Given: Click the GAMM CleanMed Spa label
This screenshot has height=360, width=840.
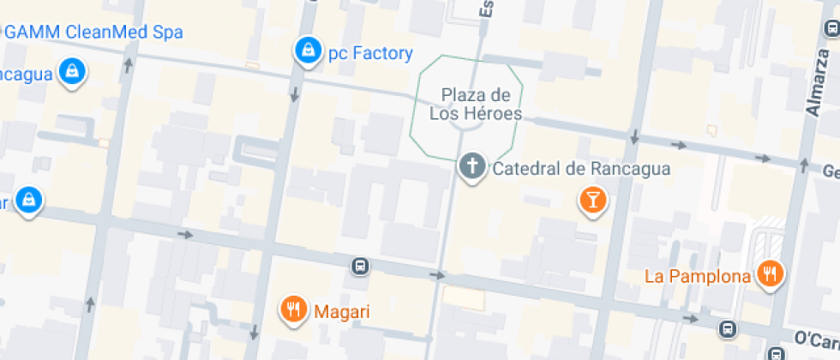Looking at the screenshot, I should [94, 33].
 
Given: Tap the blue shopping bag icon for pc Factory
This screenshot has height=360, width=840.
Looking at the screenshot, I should [306, 52].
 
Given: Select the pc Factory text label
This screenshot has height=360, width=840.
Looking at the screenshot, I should [370, 54].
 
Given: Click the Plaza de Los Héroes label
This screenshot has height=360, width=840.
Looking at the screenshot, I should [476, 104].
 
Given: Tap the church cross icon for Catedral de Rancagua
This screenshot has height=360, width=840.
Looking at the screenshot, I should [471, 168].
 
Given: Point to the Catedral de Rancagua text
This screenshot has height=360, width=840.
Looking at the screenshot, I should [581, 169].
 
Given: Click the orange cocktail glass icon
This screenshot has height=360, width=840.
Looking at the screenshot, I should [592, 201].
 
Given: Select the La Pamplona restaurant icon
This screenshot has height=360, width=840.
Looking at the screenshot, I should [771, 274].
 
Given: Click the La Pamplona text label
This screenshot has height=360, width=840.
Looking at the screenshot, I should [698, 276].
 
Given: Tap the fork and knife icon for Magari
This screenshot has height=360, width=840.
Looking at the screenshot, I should [294, 309].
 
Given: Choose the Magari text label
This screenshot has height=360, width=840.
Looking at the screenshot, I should [342, 312].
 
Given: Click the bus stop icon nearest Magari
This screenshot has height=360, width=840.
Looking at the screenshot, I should [361, 267].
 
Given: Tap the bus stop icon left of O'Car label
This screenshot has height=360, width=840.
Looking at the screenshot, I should [727, 328].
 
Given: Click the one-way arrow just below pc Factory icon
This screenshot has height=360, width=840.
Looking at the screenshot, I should [295, 93].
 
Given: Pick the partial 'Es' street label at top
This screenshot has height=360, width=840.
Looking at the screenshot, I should [486, 9].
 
